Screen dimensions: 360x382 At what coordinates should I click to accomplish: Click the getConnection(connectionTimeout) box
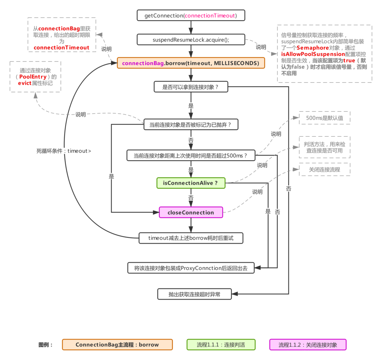tap(191, 16)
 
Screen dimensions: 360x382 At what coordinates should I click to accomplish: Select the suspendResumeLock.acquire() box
tap(191, 40)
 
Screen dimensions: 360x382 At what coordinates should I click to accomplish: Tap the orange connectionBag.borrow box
tap(191, 63)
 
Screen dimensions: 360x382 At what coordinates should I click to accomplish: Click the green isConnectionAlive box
tap(191, 183)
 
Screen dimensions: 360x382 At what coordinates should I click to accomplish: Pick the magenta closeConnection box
tap(191, 212)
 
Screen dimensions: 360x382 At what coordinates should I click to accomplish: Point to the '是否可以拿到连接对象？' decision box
tap(191, 87)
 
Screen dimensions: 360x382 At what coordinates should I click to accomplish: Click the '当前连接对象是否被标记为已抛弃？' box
tap(191, 125)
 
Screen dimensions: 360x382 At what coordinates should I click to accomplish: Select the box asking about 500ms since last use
tap(191, 155)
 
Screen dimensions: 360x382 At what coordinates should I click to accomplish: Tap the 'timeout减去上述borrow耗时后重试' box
tap(191, 238)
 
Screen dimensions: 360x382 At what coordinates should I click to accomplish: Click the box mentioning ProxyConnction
tap(191, 268)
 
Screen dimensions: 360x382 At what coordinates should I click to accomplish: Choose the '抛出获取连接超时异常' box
tap(194, 294)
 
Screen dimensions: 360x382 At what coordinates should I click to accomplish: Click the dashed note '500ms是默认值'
tap(325, 118)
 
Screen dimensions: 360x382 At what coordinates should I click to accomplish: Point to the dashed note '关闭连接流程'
tap(325, 170)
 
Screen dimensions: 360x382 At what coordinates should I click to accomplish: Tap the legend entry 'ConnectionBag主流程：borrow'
tap(117, 345)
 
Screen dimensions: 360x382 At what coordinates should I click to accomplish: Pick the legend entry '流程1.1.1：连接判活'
tap(221, 345)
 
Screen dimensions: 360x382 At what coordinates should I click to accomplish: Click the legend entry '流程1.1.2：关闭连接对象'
tap(308, 345)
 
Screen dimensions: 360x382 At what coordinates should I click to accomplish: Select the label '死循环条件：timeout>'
tap(64, 151)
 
